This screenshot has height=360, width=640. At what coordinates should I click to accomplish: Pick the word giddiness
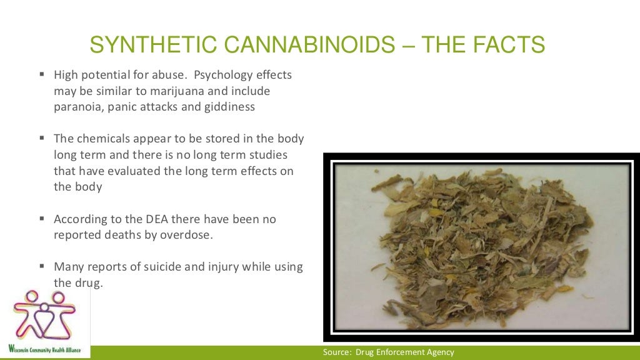click(226, 106)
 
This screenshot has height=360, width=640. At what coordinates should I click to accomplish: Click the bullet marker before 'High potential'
click(42, 75)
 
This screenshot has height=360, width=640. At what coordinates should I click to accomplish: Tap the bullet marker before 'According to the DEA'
click(42, 219)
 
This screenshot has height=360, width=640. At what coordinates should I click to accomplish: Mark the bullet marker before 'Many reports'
click(42, 267)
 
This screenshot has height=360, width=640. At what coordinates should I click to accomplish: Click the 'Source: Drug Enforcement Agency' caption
click(388, 352)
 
